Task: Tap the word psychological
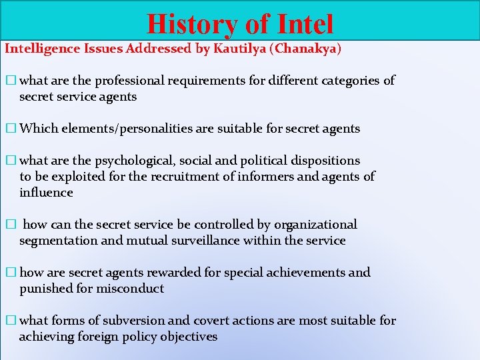(x=136, y=161)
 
